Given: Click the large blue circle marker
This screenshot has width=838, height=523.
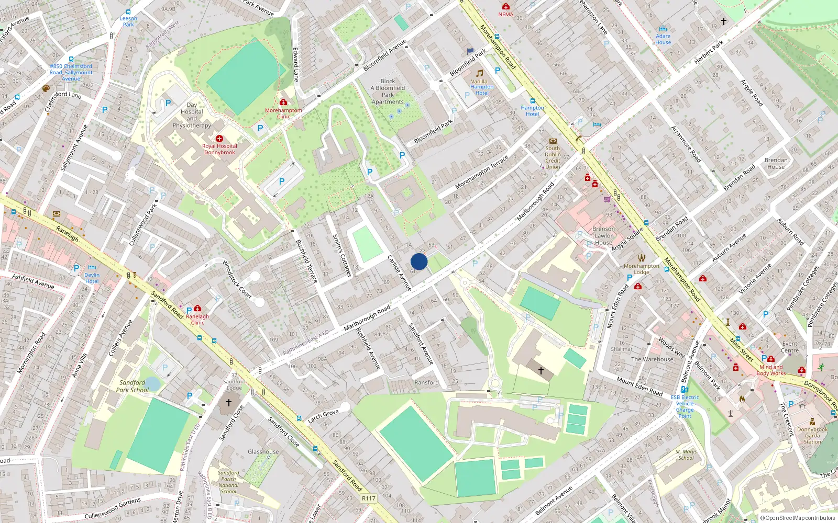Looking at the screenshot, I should point(419,261).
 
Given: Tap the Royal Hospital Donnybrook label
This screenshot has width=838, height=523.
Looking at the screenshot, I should point(219,149).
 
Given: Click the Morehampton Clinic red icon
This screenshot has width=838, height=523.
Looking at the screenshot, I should point(283,102).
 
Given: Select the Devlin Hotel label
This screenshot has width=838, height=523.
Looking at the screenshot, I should point(92,278).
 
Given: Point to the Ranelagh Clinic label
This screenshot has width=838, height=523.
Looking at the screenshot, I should point(197,319).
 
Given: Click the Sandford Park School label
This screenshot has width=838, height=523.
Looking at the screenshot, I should point(132,386).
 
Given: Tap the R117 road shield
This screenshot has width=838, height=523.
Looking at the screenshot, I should point(369,498).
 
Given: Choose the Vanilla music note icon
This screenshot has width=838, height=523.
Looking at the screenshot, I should point(479,73).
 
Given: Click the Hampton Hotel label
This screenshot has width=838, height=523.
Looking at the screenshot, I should point(532,111).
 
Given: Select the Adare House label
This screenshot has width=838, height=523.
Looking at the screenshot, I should point(663,39).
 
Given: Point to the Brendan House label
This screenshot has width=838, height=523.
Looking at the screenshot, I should point(776,163).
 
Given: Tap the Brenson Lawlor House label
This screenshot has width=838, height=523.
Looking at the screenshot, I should point(603,235).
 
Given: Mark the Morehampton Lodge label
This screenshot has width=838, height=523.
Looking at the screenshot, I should point(642,269).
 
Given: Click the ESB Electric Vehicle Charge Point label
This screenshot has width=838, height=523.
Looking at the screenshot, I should point(685,406).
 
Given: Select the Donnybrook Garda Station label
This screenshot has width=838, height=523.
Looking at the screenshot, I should point(812,435).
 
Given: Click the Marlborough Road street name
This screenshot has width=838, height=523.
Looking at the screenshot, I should point(367,317).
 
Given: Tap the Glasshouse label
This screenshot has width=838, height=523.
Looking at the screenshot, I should point(263,451).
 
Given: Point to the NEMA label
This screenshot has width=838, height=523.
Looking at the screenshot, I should point(505,14).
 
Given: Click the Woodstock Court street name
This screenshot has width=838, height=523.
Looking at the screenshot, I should point(237,280).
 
